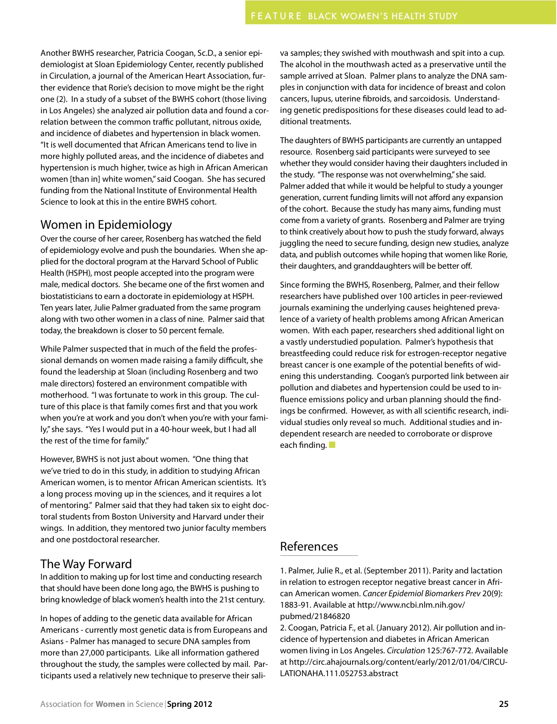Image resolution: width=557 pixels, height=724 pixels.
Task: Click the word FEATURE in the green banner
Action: (276, 16)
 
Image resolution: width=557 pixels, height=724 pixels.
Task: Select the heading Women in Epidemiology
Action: (106, 225)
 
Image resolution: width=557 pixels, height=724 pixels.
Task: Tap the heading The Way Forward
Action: (86, 564)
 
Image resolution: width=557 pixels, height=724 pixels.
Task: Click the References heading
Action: (309, 547)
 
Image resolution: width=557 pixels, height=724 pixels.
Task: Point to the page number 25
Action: (504, 704)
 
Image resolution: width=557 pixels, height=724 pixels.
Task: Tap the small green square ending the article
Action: (332, 445)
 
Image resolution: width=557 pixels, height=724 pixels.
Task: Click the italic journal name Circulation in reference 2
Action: (405, 651)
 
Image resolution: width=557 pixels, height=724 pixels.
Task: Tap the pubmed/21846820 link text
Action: (315, 616)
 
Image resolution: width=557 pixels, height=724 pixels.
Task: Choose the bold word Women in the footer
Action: (110, 704)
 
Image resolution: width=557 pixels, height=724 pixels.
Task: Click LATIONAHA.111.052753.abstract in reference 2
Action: (339, 674)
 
